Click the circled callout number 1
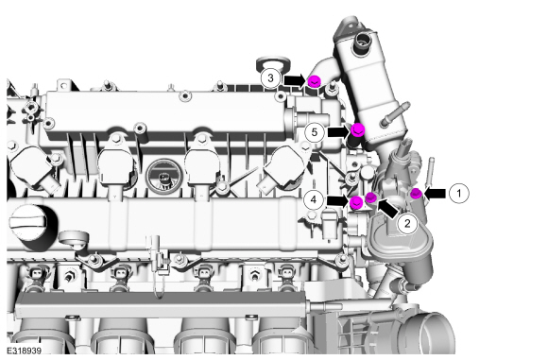click(x=459, y=193)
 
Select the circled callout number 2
click(x=407, y=223)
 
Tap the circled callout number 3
click(x=270, y=77)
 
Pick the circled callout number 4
click(x=314, y=199)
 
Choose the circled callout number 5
click(x=315, y=132)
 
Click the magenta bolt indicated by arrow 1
click(x=416, y=193)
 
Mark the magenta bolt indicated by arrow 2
click(x=370, y=197)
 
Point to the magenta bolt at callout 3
click(x=315, y=81)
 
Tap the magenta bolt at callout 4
click(x=356, y=202)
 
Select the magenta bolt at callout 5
click(x=358, y=129)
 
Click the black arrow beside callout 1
click(x=435, y=194)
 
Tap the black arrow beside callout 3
click(x=296, y=80)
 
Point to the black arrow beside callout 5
click(x=339, y=131)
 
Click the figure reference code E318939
click(x=25, y=351)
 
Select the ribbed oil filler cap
click(x=29, y=222)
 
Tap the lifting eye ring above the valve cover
click(x=273, y=64)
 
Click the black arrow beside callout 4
click(x=338, y=200)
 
